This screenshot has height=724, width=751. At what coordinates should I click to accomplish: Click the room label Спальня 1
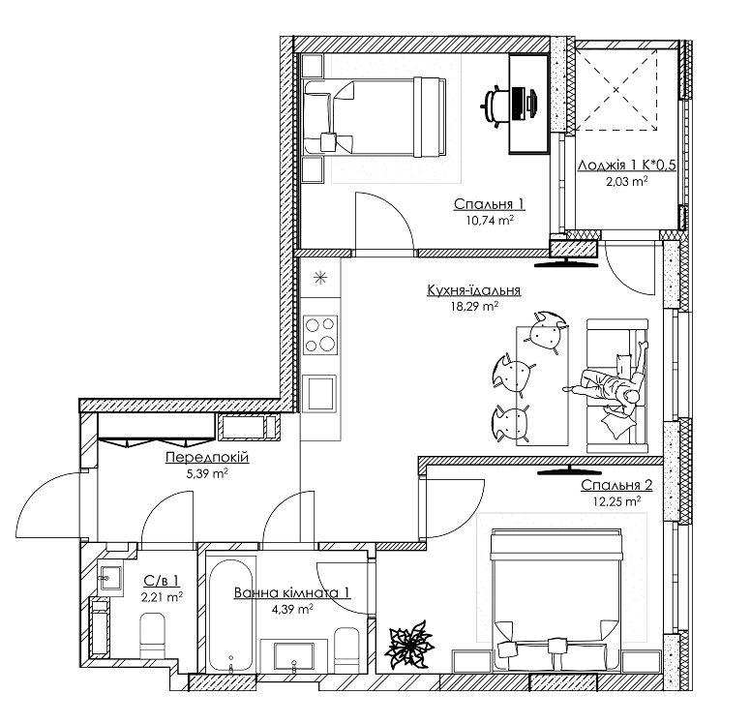pos(489,203)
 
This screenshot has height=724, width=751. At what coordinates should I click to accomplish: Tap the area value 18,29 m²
pos(474,306)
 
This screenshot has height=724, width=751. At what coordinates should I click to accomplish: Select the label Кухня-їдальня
pos(473,289)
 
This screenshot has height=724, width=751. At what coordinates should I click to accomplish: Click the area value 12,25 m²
pos(616,501)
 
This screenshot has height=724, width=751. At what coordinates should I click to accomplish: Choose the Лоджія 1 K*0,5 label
pos(626,166)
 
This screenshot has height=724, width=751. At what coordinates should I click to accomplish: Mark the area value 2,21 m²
pos(162,597)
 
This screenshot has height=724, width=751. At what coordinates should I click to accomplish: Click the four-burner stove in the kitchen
pos(319,335)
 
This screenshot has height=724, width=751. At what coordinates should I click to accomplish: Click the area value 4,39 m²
pos(291,609)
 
